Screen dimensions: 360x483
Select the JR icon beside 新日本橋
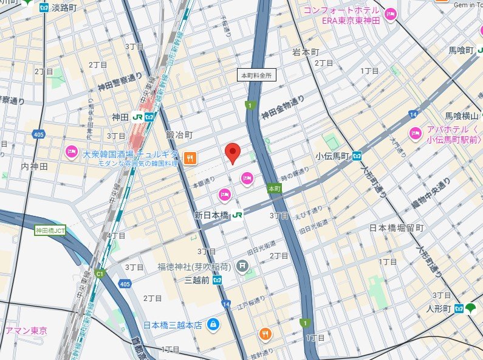click(x=238, y=215)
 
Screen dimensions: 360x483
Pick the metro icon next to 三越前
click(x=217, y=279)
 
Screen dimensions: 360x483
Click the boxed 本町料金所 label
click(x=256, y=75)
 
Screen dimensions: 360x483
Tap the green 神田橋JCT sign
click(x=50, y=230)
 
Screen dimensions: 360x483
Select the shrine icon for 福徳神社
click(x=242, y=265)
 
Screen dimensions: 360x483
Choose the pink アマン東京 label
click(x=26, y=331)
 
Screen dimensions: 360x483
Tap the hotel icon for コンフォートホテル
click(x=390, y=12)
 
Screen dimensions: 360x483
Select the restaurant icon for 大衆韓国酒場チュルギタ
click(x=190, y=158)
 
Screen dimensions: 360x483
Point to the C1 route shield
click(x=100, y=274)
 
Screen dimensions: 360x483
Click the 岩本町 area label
click(x=305, y=52)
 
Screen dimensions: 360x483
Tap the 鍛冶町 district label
click(x=179, y=134)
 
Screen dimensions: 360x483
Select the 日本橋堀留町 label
click(x=397, y=228)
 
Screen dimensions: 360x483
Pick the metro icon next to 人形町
click(x=459, y=308)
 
